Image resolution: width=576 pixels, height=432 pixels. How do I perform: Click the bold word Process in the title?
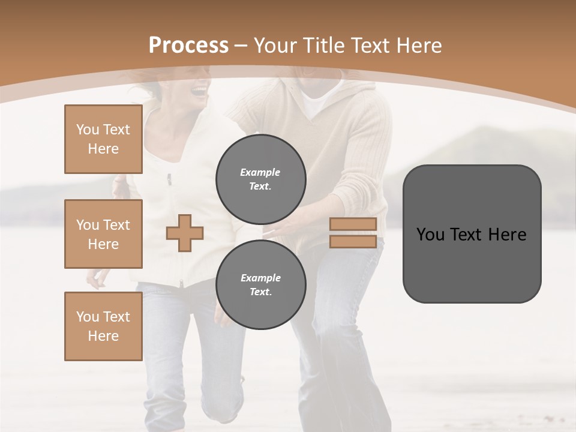point(188,46)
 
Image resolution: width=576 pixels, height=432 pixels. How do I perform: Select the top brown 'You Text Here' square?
point(103,139)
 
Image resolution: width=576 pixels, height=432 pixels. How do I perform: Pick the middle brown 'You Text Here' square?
point(103,234)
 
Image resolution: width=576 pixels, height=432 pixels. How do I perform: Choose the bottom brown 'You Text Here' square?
point(103,326)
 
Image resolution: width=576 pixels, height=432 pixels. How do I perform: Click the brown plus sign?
point(185,233)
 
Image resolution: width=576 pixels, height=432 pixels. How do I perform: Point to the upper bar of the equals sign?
point(353,224)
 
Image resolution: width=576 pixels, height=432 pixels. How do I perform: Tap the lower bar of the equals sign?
point(353,242)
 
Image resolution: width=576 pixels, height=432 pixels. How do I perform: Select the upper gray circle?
point(260,179)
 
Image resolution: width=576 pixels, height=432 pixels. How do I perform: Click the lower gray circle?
point(260,284)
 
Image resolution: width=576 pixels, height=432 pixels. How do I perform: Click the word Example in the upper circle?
point(260,172)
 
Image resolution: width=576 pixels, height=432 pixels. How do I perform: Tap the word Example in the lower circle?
point(260,278)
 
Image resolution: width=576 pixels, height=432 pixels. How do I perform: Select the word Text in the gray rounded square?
point(469,235)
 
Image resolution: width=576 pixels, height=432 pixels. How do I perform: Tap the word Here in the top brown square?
point(103,149)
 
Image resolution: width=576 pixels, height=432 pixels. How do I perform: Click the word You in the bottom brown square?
point(87,317)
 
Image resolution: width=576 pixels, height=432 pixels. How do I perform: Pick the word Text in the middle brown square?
point(116,225)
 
